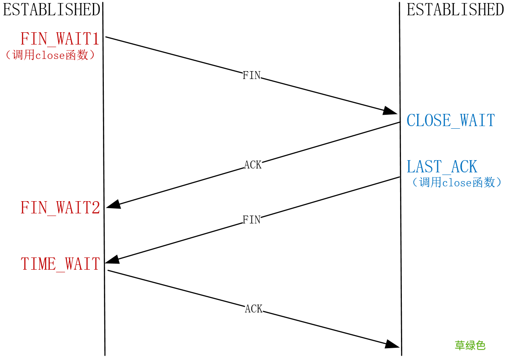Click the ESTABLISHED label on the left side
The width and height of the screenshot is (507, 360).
click(x=52, y=10)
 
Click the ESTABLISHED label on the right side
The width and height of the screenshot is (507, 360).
click(x=455, y=10)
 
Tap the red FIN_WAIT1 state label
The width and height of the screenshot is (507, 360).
click(x=60, y=39)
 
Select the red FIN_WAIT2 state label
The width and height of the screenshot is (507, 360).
click(x=61, y=208)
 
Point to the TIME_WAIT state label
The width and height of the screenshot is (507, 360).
click(x=61, y=264)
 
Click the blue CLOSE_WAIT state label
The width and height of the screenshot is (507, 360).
click(x=451, y=120)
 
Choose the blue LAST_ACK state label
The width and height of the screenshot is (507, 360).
click(x=442, y=167)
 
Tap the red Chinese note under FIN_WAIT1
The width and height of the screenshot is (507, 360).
click(x=51, y=55)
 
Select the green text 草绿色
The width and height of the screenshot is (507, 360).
click(x=470, y=346)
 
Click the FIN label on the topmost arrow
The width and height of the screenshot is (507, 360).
click(x=252, y=75)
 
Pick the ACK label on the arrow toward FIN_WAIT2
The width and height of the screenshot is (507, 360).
click(x=253, y=165)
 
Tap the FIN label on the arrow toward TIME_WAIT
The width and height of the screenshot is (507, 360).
click(x=252, y=220)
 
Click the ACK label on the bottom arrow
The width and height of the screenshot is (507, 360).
click(x=254, y=309)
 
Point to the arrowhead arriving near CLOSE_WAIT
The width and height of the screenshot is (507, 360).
click(x=390, y=111)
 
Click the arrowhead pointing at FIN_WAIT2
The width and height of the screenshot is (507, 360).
click(x=113, y=204)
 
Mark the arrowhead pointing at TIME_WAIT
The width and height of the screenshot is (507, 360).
click(x=112, y=259)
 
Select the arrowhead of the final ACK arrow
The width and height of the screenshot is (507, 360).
click(x=392, y=344)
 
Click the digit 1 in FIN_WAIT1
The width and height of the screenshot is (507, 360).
click(x=96, y=38)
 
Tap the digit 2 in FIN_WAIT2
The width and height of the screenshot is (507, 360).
click(x=96, y=207)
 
